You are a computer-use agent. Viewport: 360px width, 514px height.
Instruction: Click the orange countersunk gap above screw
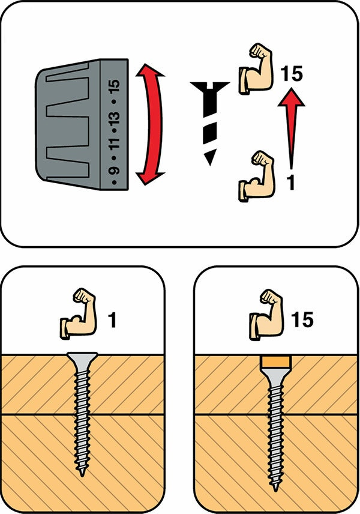(276, 362)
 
